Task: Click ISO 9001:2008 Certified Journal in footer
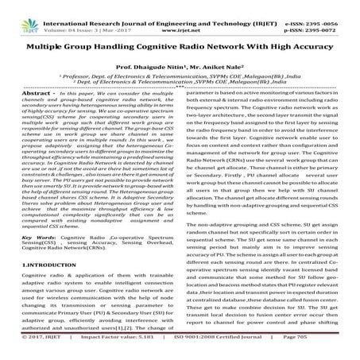pyautogui.click(x=209, y=353)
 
